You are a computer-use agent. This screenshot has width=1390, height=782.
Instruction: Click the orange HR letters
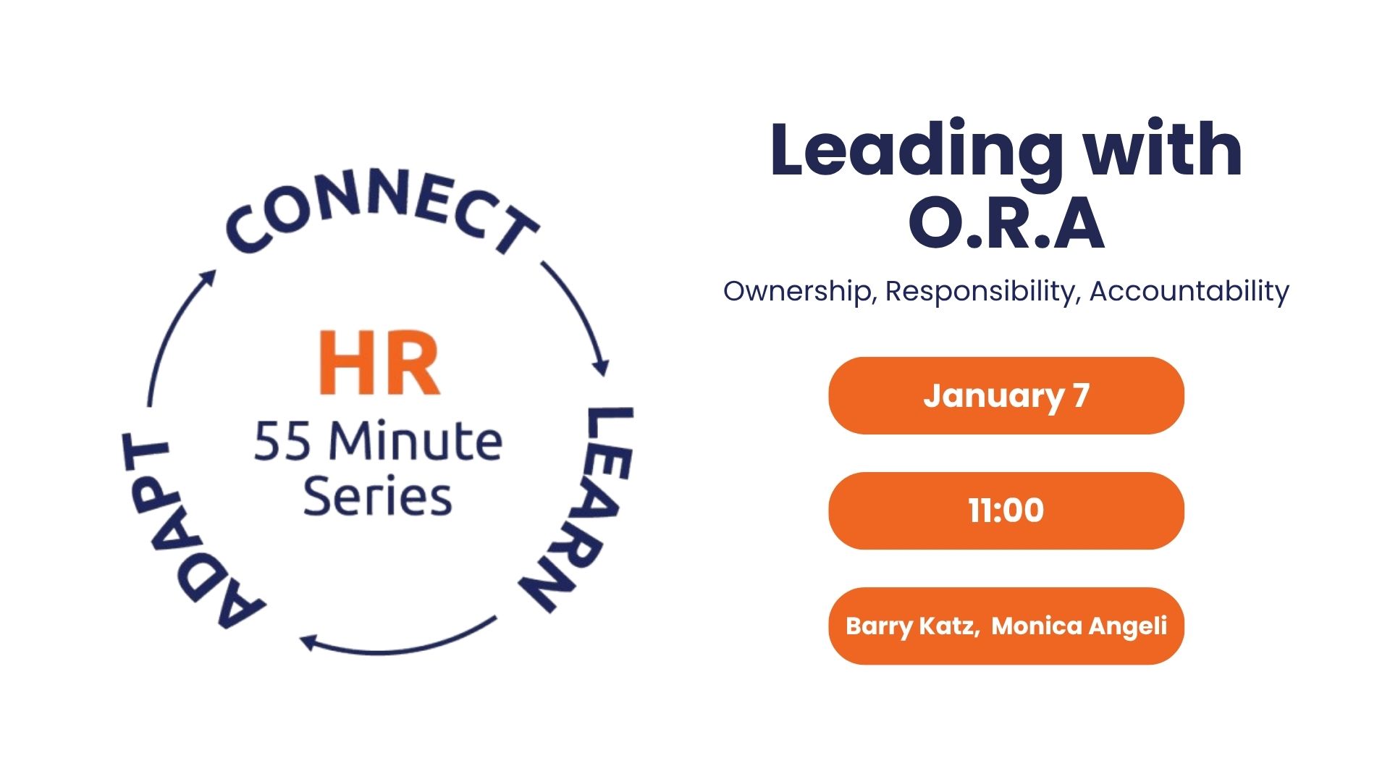tap(379, 363)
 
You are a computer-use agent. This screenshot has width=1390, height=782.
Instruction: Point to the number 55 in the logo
tap(282, 442)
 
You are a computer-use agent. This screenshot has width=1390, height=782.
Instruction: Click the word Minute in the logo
tap(416, 440)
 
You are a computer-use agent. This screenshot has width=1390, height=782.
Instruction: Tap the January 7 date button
tap(1006, 395)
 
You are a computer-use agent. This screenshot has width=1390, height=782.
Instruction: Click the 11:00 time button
tap(1006, 510)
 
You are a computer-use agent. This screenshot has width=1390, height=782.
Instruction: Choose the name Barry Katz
tap(913, 626)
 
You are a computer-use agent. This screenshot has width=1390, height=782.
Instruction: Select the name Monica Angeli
tap(1079, 626)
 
